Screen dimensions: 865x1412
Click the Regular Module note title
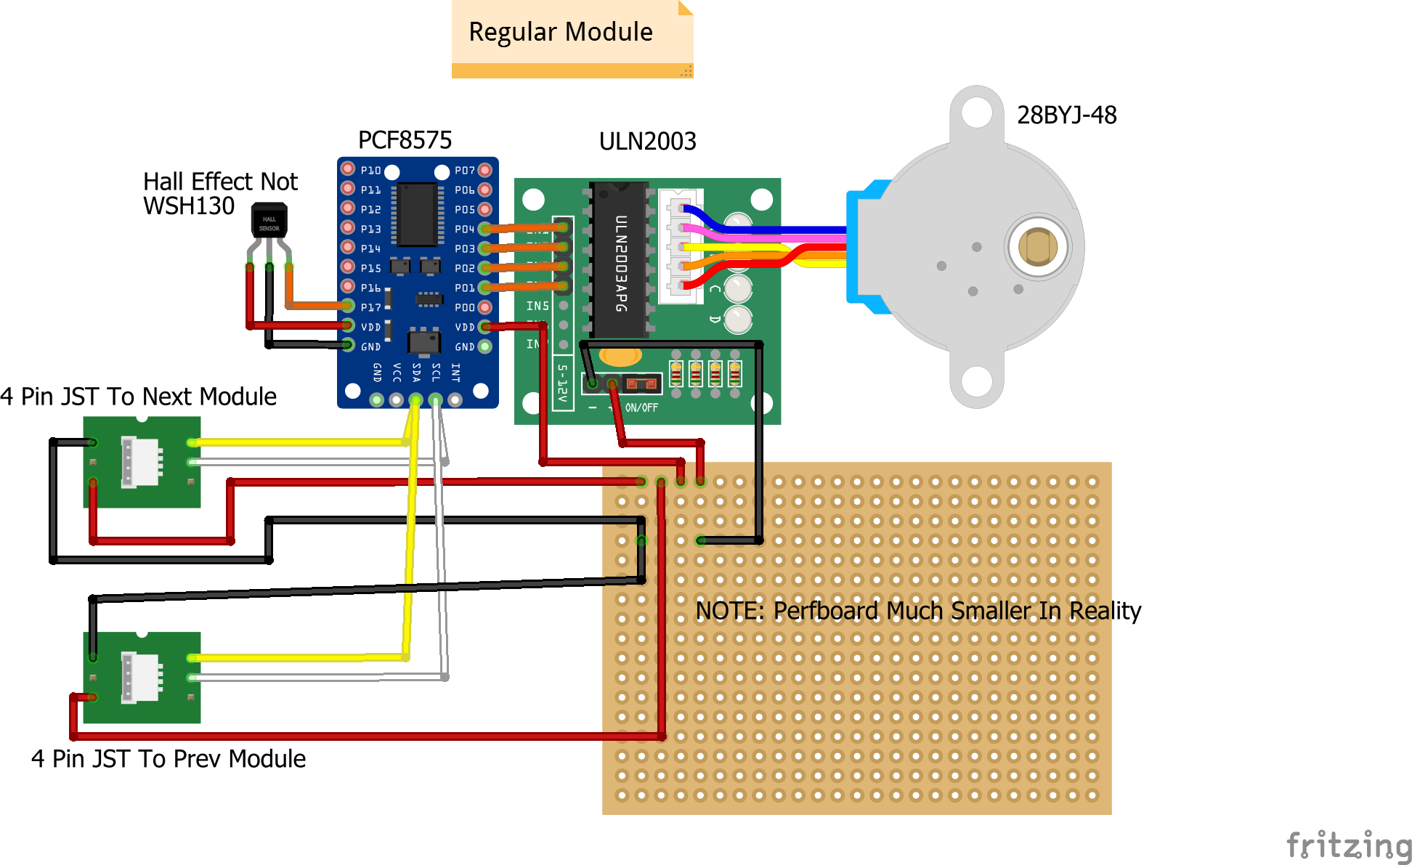(x=560, y=32)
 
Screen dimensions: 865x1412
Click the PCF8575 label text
(x=405, y=140)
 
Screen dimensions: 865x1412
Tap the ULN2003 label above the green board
(x=647, y=141)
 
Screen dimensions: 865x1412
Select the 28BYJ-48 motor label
(x=1066, y=115)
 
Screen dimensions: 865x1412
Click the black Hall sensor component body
(x=269, y=221)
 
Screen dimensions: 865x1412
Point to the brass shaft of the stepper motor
(x=1037, y=247)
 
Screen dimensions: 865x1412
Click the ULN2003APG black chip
(x=620, y=260)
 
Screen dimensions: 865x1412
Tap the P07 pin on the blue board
(x=485, y=170)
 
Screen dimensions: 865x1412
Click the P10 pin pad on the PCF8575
(x=348, y=169)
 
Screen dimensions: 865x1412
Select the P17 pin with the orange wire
(x=349, y=306)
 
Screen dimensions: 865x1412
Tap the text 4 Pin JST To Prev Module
(x=168, y=758)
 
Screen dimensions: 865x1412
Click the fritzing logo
(x=1349, y=846)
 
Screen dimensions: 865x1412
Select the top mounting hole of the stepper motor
(x=977, y=113)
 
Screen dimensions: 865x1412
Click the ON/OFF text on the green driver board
(x=641, y=408)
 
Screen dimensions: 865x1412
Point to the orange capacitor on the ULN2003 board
(x=620, y=356)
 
